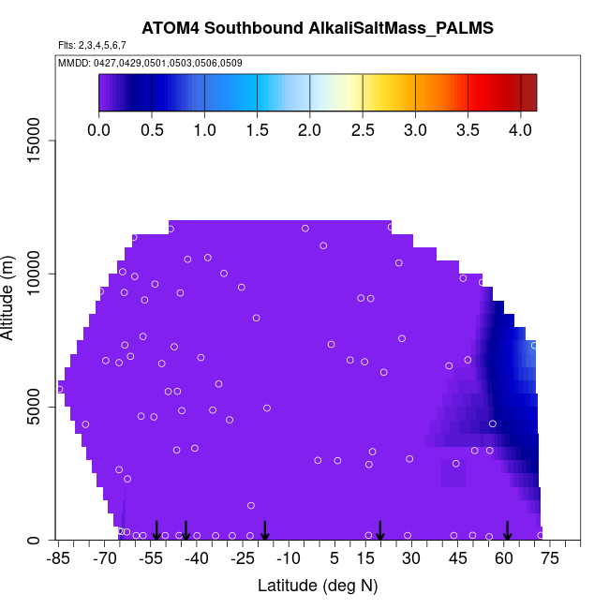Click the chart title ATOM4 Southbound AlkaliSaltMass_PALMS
click(x=318, y=29)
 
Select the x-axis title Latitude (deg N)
click(x=318, y=586)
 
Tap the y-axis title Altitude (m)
click(x=8, y=296)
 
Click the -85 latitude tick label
click(x=58, y=559)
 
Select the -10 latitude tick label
click(x=289, y=559)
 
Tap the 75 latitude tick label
click(x=550, y=559)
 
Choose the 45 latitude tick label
click(x=458, y=559)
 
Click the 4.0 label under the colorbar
click(x=521, y=130)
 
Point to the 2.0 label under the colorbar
click(x=309, y=130)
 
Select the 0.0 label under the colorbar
click(x=98, y=130)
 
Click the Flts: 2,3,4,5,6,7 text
click(x=92, y=45)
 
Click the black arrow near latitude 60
click(x=507, y=530)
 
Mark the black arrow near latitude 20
click(x=380, y=530)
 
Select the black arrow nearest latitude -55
click(x=156, y=530)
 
